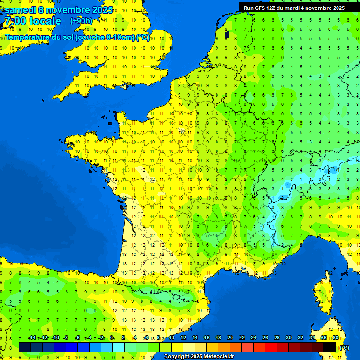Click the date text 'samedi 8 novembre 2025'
tap(59, 10)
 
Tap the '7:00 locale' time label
tap(32, 21)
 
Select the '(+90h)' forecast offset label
tap(82, 21)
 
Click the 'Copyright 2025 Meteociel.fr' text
tap(199, 357)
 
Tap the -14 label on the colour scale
tap(32, 338)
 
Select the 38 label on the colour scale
tap(335, 338)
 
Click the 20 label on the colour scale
tap(230, 338)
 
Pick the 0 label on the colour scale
tap(112, 338)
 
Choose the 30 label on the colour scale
tap(288, 338)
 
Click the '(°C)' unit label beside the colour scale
tap(345, 348)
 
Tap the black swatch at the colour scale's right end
tap(330, 347)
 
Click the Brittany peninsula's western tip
tap(68, 141)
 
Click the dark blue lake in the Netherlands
tap(227, 34)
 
